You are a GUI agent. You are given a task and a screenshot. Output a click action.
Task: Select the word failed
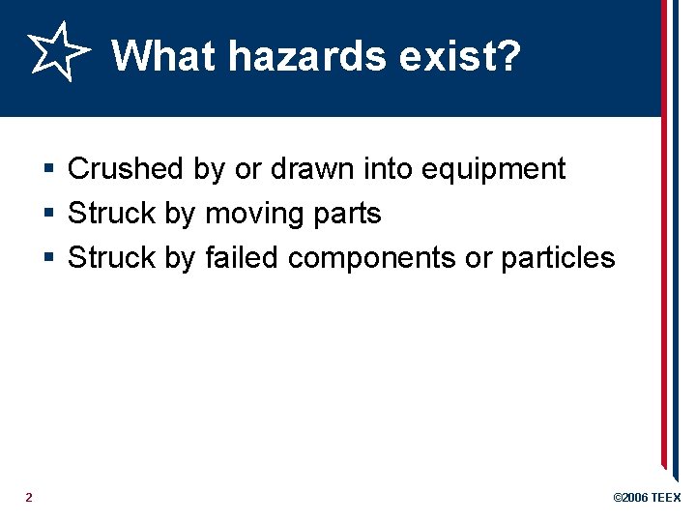[x=243, y=258]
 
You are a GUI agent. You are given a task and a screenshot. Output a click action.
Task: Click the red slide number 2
[x=29, y=497]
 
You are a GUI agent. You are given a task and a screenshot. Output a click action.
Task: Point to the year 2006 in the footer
[x=635, y=498]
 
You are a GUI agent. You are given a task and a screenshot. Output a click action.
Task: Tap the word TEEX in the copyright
[x=666, y=498]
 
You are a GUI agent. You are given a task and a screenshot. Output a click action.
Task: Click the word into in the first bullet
[x=387, y=169]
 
